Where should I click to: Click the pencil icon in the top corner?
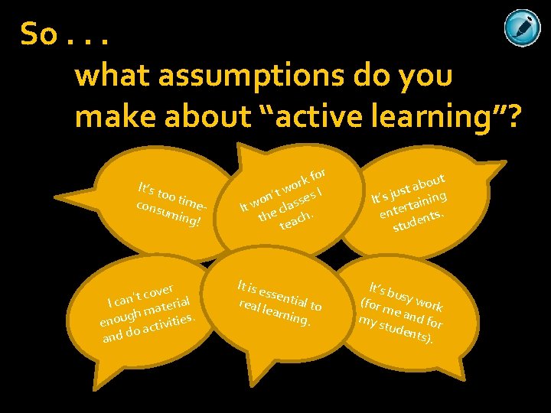[x=523, y=28]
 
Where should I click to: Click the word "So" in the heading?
[x=38, y=34]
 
